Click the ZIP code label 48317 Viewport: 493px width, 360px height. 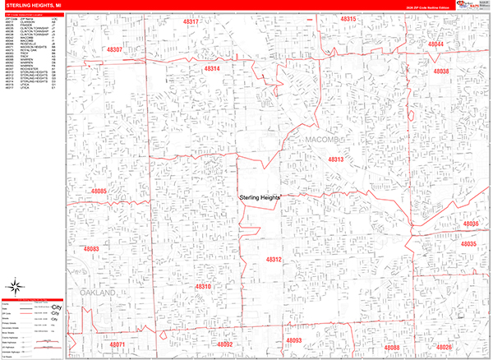coord(191,21)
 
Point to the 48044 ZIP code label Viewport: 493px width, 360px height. coord(435,44)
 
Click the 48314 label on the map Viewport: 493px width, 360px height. coord(212,69)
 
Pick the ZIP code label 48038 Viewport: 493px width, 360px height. coord(440,72)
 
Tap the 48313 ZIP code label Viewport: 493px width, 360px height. coord(335,159)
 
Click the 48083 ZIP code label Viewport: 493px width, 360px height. coord(90,248)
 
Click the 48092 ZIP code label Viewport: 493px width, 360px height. coord(225,344)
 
